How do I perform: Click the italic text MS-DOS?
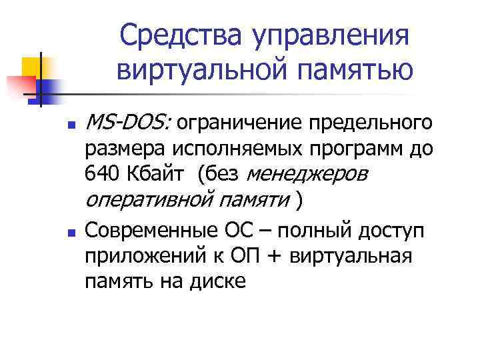coord(129,123)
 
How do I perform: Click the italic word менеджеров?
coord(307,175)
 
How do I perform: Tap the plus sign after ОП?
coord(285,257)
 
